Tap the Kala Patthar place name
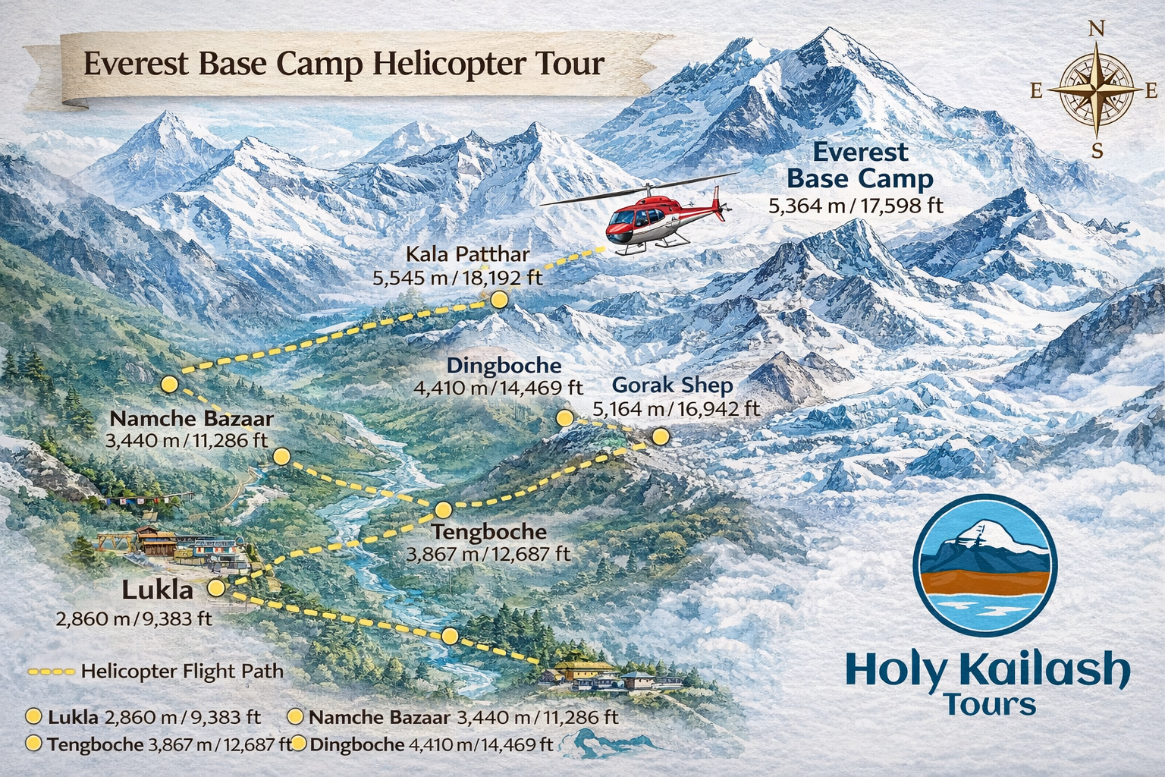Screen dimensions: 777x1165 (x=467, y=254)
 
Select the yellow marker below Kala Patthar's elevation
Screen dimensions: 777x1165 (x=499, y=300)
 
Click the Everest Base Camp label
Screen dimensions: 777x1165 (x=860, y=165)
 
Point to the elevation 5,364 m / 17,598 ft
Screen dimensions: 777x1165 (x=856, y=205)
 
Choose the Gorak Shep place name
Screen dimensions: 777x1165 (x=672, y=385)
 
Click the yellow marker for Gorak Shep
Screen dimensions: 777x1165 (x=661, y=436)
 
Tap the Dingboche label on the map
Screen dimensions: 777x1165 (x=504, y=366)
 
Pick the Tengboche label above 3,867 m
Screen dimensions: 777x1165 (x=488, y=531)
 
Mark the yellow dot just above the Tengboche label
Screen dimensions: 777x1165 (x=443, y=509)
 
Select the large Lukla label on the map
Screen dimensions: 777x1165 (x=159, y=590)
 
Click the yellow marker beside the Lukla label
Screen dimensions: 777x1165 (x=216, y=587)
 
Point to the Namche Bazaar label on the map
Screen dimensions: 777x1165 (x=191, y=419)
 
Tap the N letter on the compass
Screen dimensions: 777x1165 (x=1096, y=29)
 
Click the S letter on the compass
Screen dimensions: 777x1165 (x=1097, y=150)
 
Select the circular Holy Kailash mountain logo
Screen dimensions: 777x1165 (x=984, y=565)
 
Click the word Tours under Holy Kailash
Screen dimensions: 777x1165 (x=991, y=705)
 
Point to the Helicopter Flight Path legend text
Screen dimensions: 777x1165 (x=182, y=672)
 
